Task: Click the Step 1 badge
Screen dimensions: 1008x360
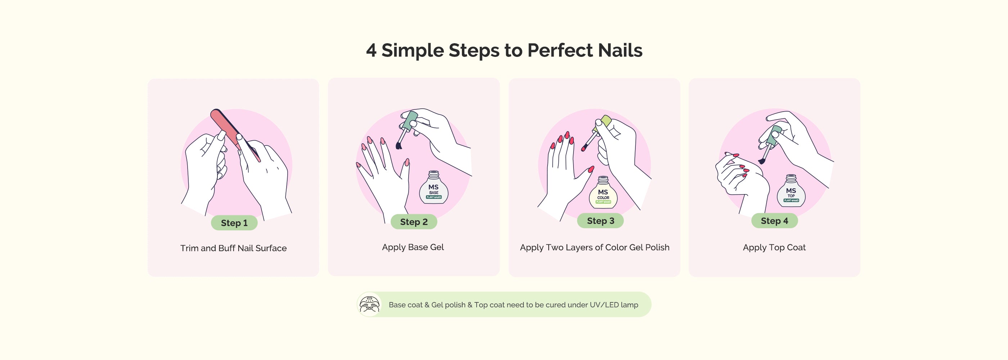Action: (234, 222)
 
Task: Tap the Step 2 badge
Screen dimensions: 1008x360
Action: (414, 222)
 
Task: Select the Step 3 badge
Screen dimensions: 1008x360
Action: (600, 221)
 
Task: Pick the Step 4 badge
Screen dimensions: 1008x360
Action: (774, 221)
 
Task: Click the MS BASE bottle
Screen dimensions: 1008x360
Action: (433, 188)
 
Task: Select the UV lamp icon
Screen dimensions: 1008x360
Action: (369, 305)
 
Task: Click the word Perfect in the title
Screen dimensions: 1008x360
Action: (559, 50)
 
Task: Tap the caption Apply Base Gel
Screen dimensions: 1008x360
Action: (413, 247)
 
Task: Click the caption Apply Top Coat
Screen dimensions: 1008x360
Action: (774, 248)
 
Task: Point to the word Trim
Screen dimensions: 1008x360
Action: (189, 248)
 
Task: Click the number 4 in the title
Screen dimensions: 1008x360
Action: (371, 50)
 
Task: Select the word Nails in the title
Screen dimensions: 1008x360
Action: (620, 50)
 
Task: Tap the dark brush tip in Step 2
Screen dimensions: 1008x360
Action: (399, 145)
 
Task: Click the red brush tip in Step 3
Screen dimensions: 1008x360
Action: (584, 148)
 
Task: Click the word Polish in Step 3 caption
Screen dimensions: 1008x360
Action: (657, 247)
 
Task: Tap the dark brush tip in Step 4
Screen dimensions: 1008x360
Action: (761, 161)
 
